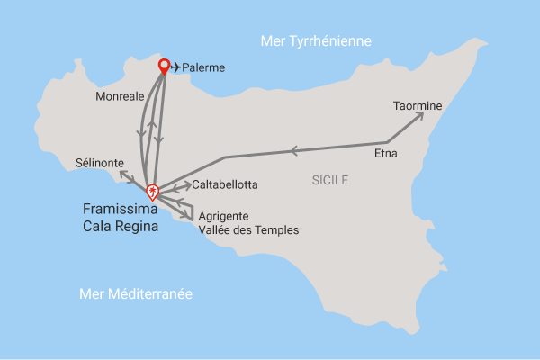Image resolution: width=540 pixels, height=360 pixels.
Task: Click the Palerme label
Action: [x=204, y=67]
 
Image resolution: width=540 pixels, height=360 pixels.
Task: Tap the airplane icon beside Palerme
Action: [x=175, y=67]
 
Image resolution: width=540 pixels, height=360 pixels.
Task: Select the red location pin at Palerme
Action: [x=164, y=65]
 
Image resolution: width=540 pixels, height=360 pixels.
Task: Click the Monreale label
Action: [x=118, y=94]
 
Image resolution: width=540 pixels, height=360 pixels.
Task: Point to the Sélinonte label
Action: [x=101, y=162]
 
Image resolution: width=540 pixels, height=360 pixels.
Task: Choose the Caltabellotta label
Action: [x=225, y=184]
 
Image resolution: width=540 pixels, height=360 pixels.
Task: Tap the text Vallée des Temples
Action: [x=247, y=230]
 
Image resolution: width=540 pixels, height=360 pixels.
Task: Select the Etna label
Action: [x=385, y=154]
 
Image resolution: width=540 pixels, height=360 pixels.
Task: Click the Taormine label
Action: [x=418, y=106]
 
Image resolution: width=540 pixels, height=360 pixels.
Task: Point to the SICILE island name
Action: [x=329, y=181]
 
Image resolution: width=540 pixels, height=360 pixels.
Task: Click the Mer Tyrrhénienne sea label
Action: [x=315, y=41]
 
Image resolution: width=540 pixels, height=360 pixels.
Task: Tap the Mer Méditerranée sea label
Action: [x=136, y=294]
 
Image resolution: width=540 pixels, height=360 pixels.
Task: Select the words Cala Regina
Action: [x=120, y=227]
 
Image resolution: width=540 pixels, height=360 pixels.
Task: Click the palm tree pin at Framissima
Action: [x=153, y=191]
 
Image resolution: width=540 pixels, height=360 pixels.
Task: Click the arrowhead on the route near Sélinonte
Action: [x=122, y=172]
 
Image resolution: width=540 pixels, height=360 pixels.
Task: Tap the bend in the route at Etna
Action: [x=387, y=142]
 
